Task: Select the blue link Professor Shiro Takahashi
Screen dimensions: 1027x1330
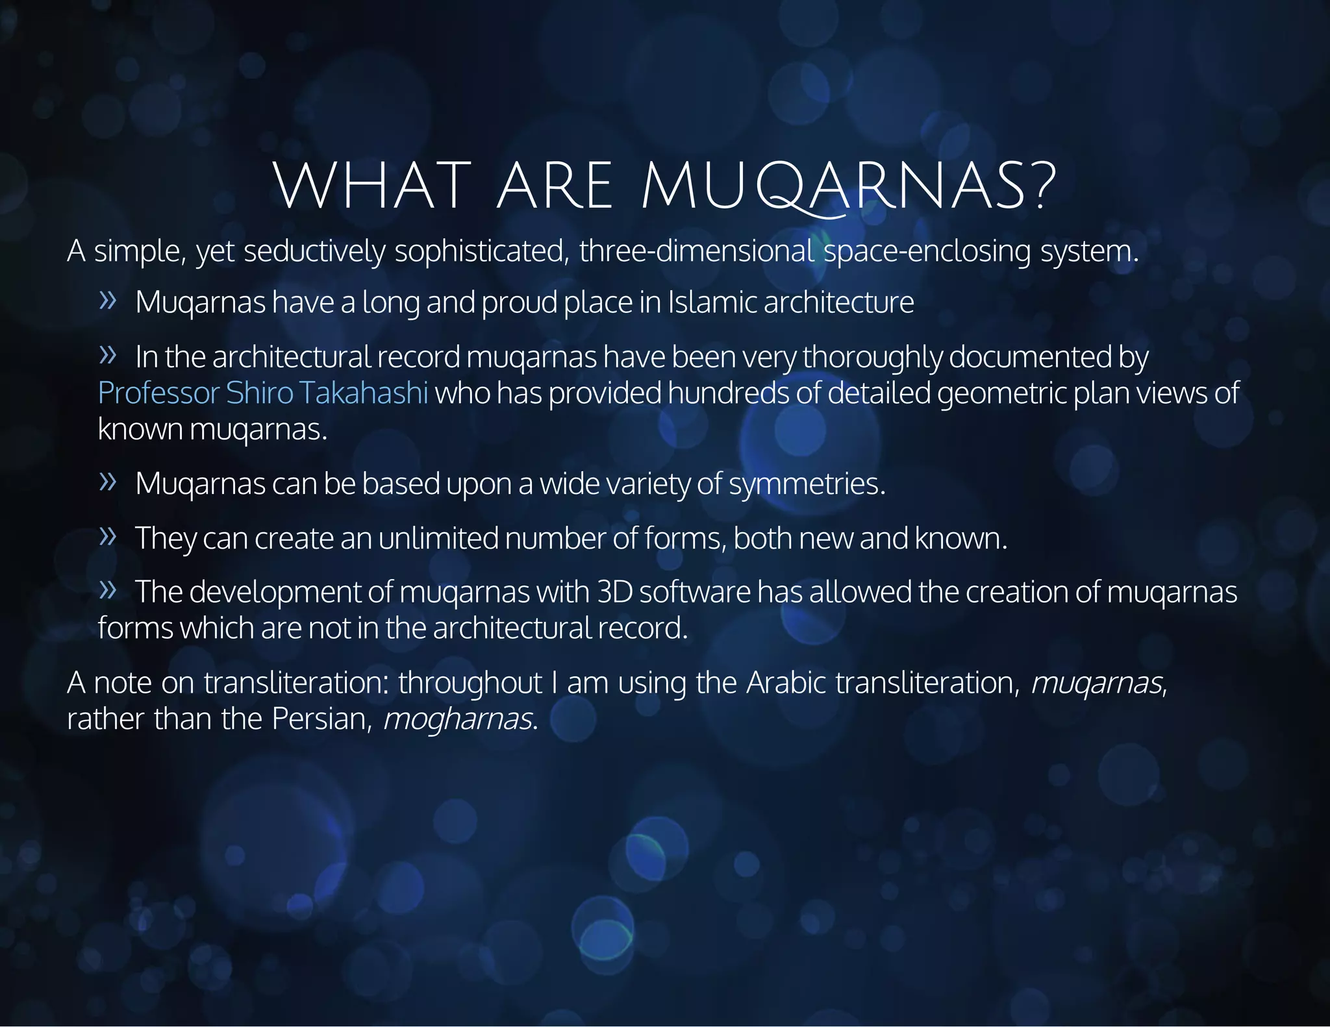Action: pos(263,393)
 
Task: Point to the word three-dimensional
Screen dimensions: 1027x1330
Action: pos(696,251)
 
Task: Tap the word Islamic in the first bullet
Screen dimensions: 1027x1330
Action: pos(712,303)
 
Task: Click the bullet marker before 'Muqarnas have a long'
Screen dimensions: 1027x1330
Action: pos(108,301)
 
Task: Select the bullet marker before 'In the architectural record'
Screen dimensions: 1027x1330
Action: pos(108,354)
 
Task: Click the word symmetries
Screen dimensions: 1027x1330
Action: pos(807,484)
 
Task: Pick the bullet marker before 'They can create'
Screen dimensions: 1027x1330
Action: pos(108,536)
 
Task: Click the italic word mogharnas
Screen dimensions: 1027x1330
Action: pos(458,719)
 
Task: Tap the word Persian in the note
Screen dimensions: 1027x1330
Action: pos(321,719)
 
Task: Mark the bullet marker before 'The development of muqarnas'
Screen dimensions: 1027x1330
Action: pos(108,590)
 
